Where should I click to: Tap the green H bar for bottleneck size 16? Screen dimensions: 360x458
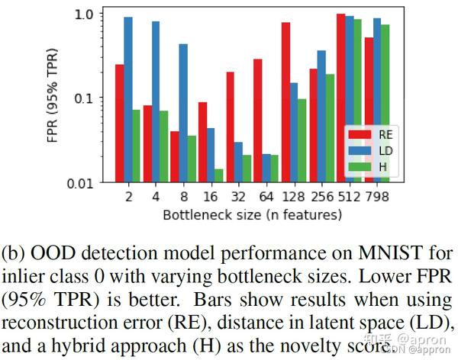(219, 175)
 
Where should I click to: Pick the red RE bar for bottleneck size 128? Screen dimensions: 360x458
(285, 102)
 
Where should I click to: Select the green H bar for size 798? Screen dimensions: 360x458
(385, 103)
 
